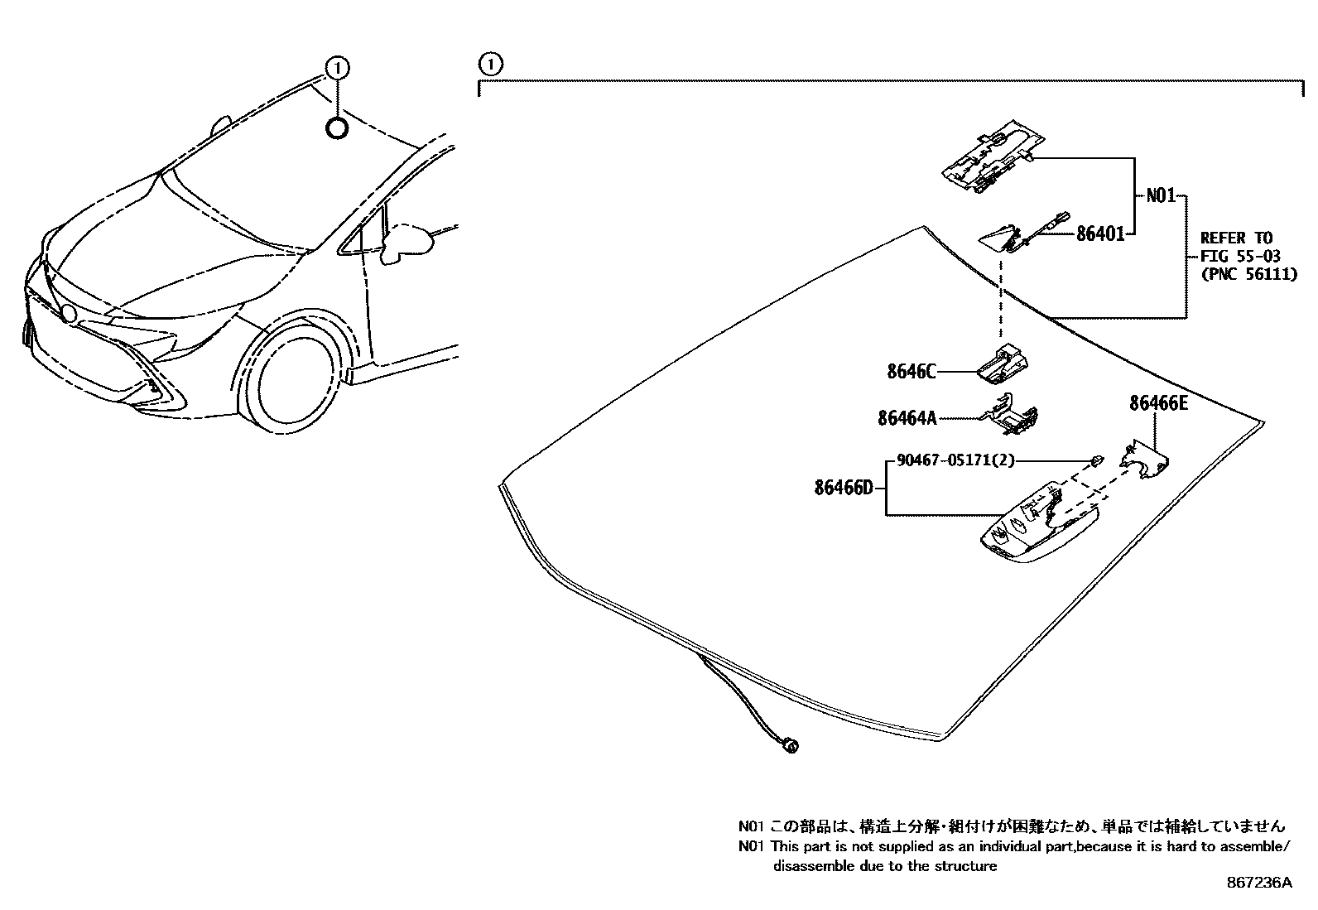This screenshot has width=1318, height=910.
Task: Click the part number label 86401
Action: [x=1100, y=234]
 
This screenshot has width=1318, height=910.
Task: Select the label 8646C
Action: [x=911, y=372]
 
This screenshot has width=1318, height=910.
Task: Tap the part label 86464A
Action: [x=907, y=419]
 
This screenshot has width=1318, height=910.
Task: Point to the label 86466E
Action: [x=1158, y=403]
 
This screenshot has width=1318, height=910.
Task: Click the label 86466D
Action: [x=843, y=488]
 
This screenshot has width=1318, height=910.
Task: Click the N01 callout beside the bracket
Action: [x=1160, y=196]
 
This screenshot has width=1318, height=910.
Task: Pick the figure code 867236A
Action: [x=1258, y=883]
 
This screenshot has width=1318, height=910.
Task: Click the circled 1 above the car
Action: [x=337, y=66]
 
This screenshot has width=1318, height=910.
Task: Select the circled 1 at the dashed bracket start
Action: [x=490, y=63]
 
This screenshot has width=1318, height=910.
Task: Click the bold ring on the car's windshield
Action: [x=337, y=128]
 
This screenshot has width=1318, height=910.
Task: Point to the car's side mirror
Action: [x=406, y=241]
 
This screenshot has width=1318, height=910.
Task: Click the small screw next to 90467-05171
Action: [x=1094, y=460]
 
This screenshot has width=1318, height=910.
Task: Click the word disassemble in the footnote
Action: [x=811, y=866]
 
